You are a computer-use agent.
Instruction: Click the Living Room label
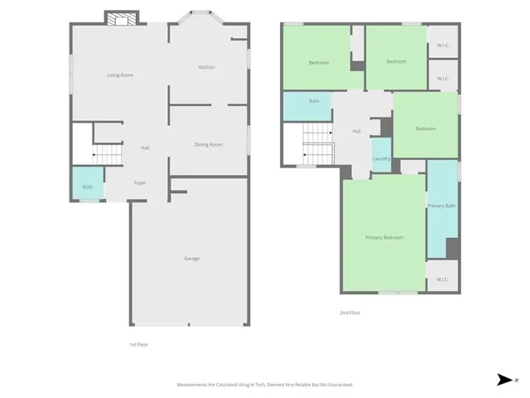(120, 75)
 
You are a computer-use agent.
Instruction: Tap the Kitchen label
(206, 67)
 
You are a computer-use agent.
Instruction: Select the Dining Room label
(209, 145)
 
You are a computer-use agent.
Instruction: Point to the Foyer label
(141, 182)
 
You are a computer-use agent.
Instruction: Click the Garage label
(191, 259)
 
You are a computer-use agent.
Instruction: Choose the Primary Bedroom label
(384, 238)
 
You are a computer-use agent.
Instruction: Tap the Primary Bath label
(442, 206)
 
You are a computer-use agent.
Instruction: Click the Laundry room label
(381, 158)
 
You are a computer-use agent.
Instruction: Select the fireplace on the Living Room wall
(122, 19)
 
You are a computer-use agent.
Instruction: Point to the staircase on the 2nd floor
(317, 143)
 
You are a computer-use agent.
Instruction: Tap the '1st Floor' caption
(138, 344)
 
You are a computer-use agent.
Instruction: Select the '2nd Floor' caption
(349, 313)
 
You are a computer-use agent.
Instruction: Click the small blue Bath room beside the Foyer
(88, 186)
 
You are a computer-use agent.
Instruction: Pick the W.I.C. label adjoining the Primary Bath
(442, 279)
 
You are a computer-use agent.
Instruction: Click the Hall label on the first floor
(145, 148)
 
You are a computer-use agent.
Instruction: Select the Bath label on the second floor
(315, 102)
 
